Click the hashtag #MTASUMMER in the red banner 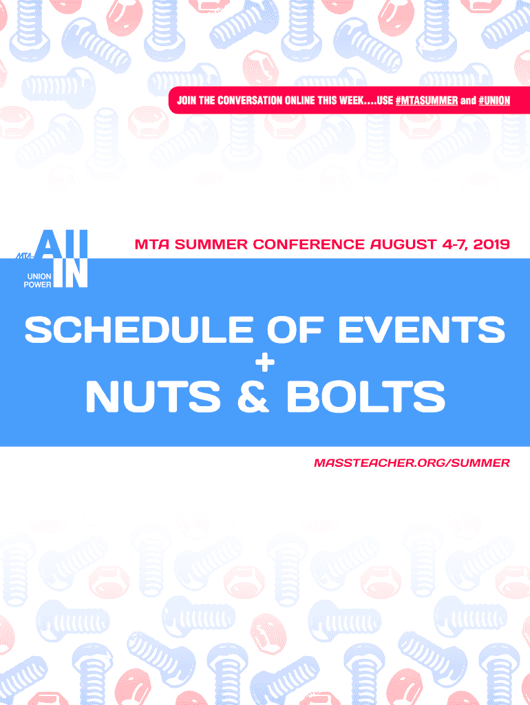(x=427, y=101)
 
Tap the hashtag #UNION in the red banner (x=494, y=101)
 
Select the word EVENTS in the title (x=421, y=330)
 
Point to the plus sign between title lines (x=265, y=362)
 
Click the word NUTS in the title (x=153, y=397)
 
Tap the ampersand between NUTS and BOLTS (x=253, y=397)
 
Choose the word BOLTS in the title (x=365, y=397)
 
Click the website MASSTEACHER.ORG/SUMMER (x=412, y=463)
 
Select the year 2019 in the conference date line (x=491, y=244)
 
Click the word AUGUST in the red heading (x=403, y=244)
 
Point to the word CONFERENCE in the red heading (x=308, y=244)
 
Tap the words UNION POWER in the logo (x=38, y=281)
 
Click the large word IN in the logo (x=71, y=273)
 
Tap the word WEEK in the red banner (x=351, y=101)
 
